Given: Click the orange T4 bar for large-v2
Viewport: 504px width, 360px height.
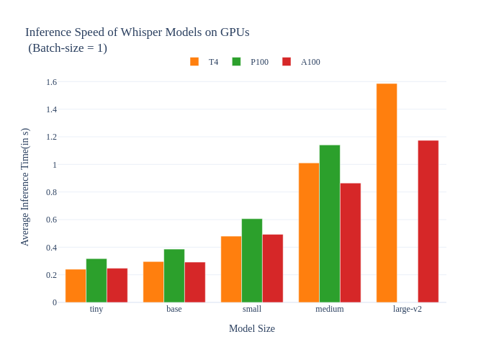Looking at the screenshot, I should [x=387, y=193].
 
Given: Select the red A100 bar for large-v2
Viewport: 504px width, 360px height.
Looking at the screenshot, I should [x=428, y=221].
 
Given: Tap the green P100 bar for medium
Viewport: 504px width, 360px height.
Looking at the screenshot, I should [x=330, y=224].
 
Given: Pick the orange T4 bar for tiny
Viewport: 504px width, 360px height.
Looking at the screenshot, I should [x=76, y=286].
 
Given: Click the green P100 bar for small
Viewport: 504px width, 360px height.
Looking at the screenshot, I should [x=252, y=261].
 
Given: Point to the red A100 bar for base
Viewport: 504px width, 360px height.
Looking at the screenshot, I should [x=195, y=282].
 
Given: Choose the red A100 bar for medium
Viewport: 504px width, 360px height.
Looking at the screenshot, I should [x=351, y=243].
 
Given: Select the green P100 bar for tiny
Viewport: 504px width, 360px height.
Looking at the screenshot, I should [x=96, y=281].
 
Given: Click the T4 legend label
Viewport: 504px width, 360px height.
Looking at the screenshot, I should [x=214, y=62].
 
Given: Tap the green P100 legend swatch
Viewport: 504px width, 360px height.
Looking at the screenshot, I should [x=236, y=62].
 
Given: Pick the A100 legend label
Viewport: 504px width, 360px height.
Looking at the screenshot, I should [x=310, y=62].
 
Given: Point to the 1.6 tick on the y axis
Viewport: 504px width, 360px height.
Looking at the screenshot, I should [x=51, y=82].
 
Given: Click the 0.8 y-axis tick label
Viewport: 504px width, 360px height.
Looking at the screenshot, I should [x=51, y=192].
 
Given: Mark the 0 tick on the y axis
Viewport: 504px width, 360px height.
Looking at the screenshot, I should [x=54, y=302].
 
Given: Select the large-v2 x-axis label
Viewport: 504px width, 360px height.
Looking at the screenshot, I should [x=408, y=309].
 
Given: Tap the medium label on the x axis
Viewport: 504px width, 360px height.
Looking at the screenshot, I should [x=330, y=309].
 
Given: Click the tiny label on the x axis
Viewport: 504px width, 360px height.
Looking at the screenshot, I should [x=96, y=309].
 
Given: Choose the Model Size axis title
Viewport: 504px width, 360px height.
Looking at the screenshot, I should [x=252, y=329].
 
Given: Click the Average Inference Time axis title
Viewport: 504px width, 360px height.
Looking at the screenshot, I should [x=25, y=187].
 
